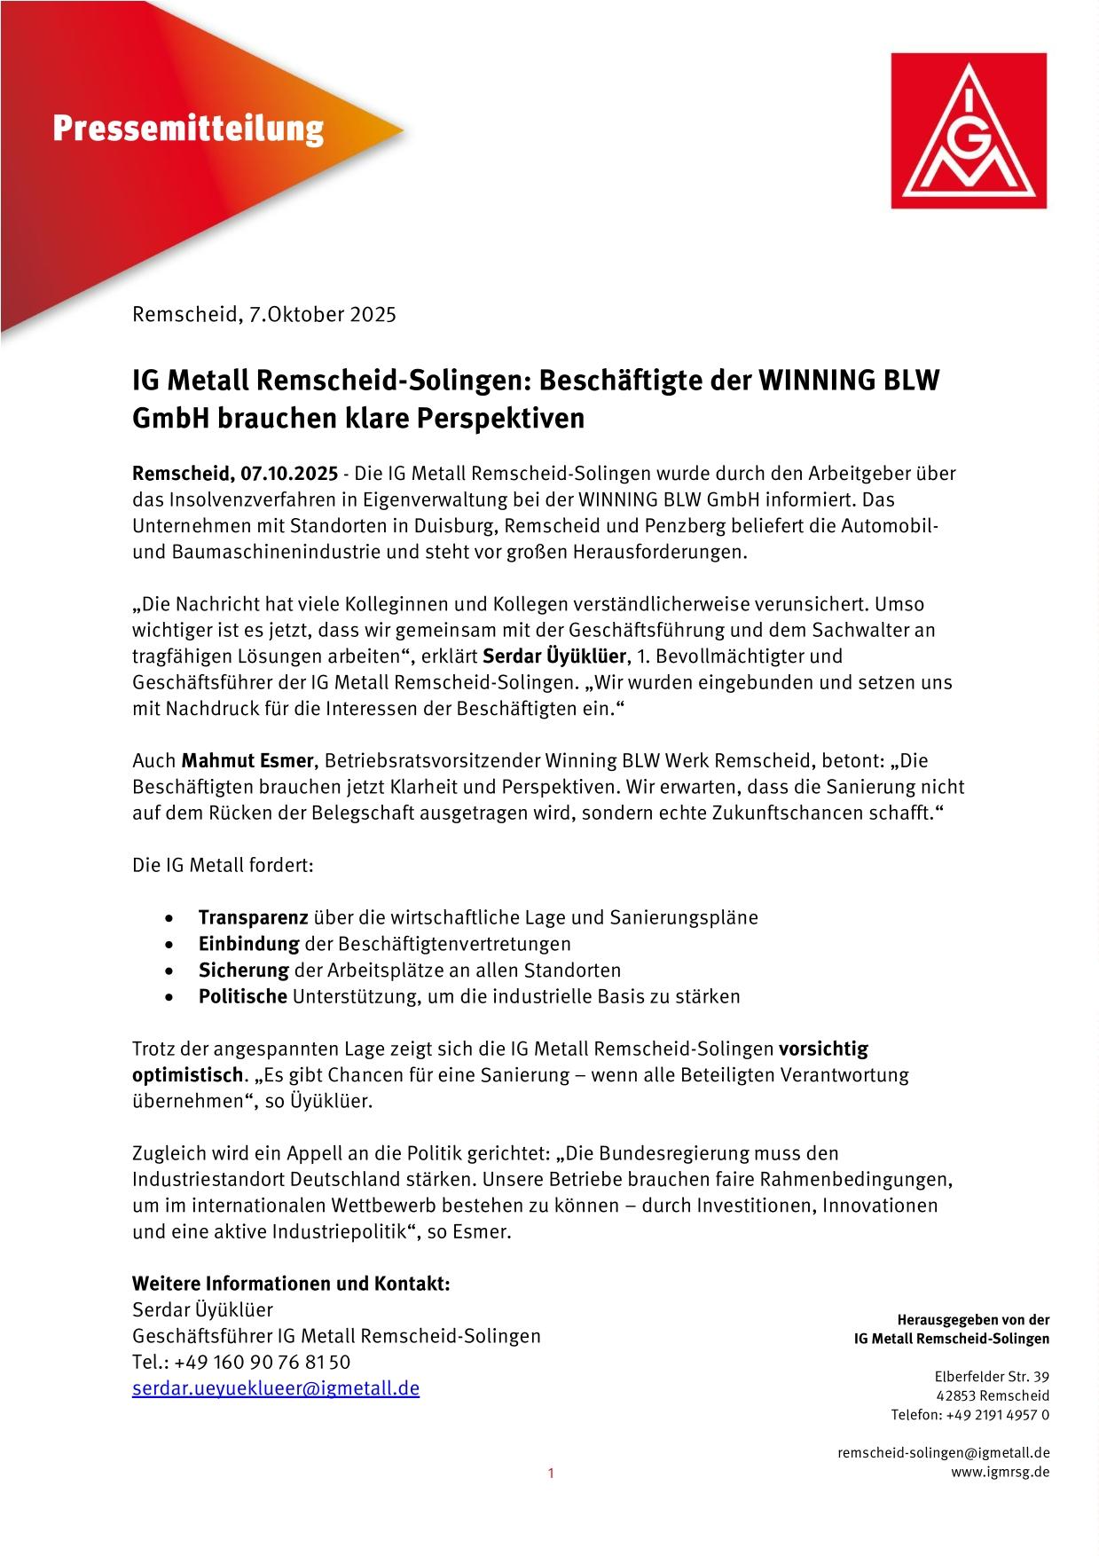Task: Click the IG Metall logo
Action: tap(969, 130)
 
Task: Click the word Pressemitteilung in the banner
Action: tap(188, 130)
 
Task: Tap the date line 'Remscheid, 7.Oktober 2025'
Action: tap(263, 314)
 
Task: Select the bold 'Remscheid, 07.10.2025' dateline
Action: tap(234, 474)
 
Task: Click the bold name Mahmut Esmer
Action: tap(247, 760)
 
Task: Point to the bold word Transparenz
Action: tap(253, 917)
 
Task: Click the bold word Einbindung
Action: tap(248, 943)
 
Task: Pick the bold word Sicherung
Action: tap(243, 970)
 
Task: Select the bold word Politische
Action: tap(242, 995)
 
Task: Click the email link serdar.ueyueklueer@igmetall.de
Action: tap(276, 1387)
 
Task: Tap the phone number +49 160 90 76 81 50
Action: tap(262, 1362)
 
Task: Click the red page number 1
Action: tap(550, 1473)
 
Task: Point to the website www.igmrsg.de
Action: tap(1000, 1472)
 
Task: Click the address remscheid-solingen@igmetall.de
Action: tap(943, 1453)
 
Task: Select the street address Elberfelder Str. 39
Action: tap(991, 1377)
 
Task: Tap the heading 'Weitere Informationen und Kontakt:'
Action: tap(291, 1284)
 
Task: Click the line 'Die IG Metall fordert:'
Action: tap(223, 865)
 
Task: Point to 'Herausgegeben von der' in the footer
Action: tap(973, 1320)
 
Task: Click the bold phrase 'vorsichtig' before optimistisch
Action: tap(823, 1049)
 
